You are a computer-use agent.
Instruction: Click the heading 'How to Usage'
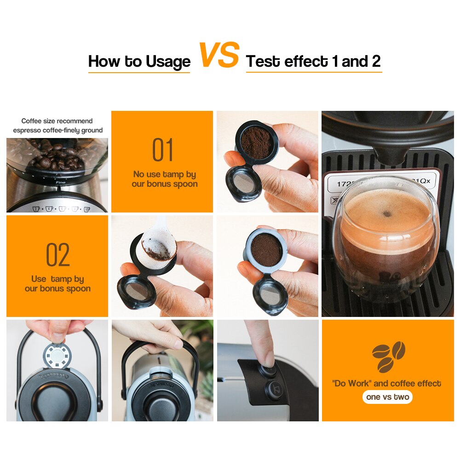(x=139, y=61)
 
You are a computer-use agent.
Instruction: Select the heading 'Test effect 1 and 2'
(x=313, y=61)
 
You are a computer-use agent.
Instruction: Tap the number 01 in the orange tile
(x=162, y=150)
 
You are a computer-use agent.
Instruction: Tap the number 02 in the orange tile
(x=57, y=255)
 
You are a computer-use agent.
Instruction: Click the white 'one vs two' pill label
(x=387, y=397)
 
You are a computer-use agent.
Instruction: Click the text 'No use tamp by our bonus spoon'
(x=165, y=179)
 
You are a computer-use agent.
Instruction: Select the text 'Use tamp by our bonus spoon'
(x=57, y=284)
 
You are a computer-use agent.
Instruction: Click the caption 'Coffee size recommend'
(x=57, y=121)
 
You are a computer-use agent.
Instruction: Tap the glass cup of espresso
(x=385, y=235)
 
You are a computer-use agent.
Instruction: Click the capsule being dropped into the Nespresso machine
(x=57, y=355)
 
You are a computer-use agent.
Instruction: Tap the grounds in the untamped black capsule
(x=257, y=143)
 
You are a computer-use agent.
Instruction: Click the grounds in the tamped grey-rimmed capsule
(x=266, y=250)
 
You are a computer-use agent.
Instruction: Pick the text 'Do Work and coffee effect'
(x=386, y=384)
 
